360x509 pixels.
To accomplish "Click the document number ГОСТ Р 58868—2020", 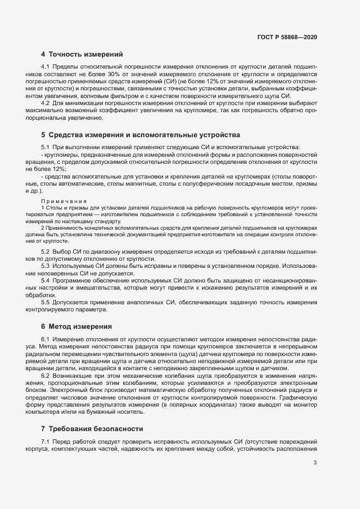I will point(287,37).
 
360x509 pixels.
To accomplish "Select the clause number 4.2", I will point(45,103).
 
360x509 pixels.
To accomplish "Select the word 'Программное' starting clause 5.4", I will point(74,280).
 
